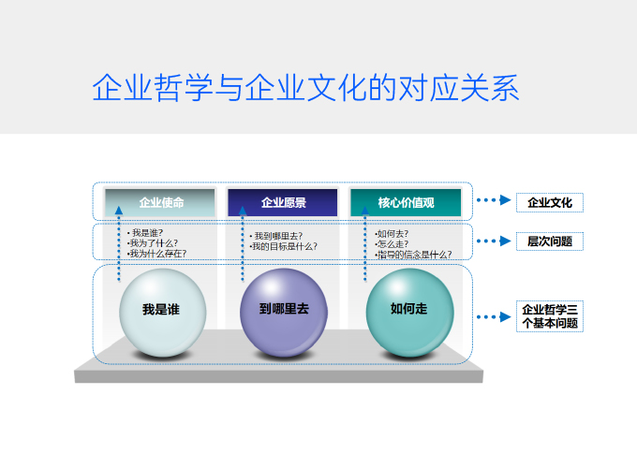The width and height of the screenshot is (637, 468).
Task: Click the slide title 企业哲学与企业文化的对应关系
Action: click(305, 88)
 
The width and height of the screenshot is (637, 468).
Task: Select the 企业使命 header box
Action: click(160, 202)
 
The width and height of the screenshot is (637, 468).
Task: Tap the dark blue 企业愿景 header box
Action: click(283, 202)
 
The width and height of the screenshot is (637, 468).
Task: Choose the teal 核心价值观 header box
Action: click(406, 202)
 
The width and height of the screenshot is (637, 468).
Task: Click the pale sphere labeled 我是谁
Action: click(162, 313)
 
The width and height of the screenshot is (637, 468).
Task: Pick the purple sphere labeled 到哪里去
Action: click(284, 313)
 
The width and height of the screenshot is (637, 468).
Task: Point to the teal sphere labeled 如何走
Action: click(409, 313)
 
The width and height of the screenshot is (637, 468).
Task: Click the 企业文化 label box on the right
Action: click(550, 202)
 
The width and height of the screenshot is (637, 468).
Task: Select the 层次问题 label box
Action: click(550, 241)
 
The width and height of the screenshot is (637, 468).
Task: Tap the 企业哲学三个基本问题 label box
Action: click(550, 316)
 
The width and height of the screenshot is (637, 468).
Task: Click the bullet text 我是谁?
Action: click(145, 233)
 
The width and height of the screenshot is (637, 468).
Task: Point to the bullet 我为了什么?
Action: click(153, 243)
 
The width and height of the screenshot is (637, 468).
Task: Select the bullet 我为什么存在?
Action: click(156, 254)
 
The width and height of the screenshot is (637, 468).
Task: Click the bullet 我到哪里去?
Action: click(276, 236)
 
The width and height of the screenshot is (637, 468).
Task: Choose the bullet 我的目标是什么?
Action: click(284, 246)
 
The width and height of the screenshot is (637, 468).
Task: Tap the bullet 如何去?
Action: click(392, 234)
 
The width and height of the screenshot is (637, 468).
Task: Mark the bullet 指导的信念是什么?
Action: click(413, 255)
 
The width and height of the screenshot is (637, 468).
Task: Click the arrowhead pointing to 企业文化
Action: click(505, 199)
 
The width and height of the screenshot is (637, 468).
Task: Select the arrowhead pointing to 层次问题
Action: click(505, 241)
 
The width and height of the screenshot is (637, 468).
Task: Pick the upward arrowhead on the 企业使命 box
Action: click(119, 211)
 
